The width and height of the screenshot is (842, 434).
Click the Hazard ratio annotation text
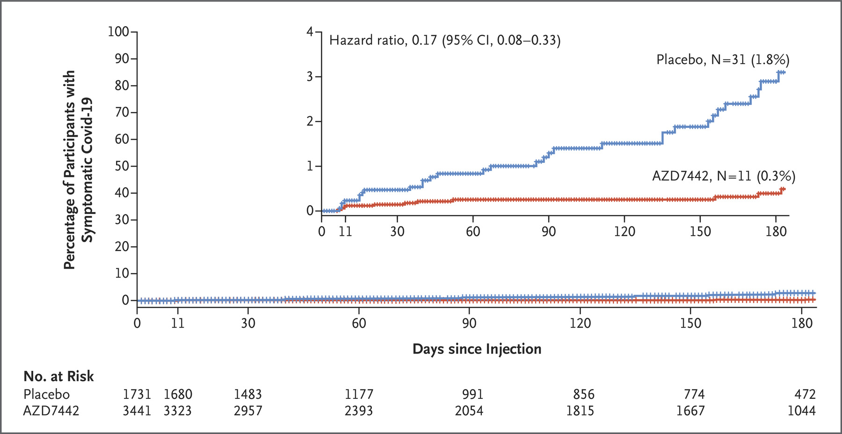(x=445, y=40)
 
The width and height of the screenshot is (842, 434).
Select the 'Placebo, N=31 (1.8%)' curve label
(x=723, y=59)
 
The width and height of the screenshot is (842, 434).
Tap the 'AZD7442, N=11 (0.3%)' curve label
(x=724, y=176)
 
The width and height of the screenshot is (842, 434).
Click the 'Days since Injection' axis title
(x=477, y=349)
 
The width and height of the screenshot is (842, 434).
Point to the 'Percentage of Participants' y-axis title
(x=69, y=170)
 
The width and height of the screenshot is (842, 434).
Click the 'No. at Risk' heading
(x=58, y=376)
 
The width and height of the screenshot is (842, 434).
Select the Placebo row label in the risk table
(x=46, y=394)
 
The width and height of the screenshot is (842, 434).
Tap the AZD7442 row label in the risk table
(x=51, y=411)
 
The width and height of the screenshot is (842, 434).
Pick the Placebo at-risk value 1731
(x=137, y=394)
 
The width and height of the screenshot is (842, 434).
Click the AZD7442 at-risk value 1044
(x=801, y=411)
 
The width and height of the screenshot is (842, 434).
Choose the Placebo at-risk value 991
(x=472, y=394)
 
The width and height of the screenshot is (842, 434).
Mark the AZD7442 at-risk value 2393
(x=359, y=411)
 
